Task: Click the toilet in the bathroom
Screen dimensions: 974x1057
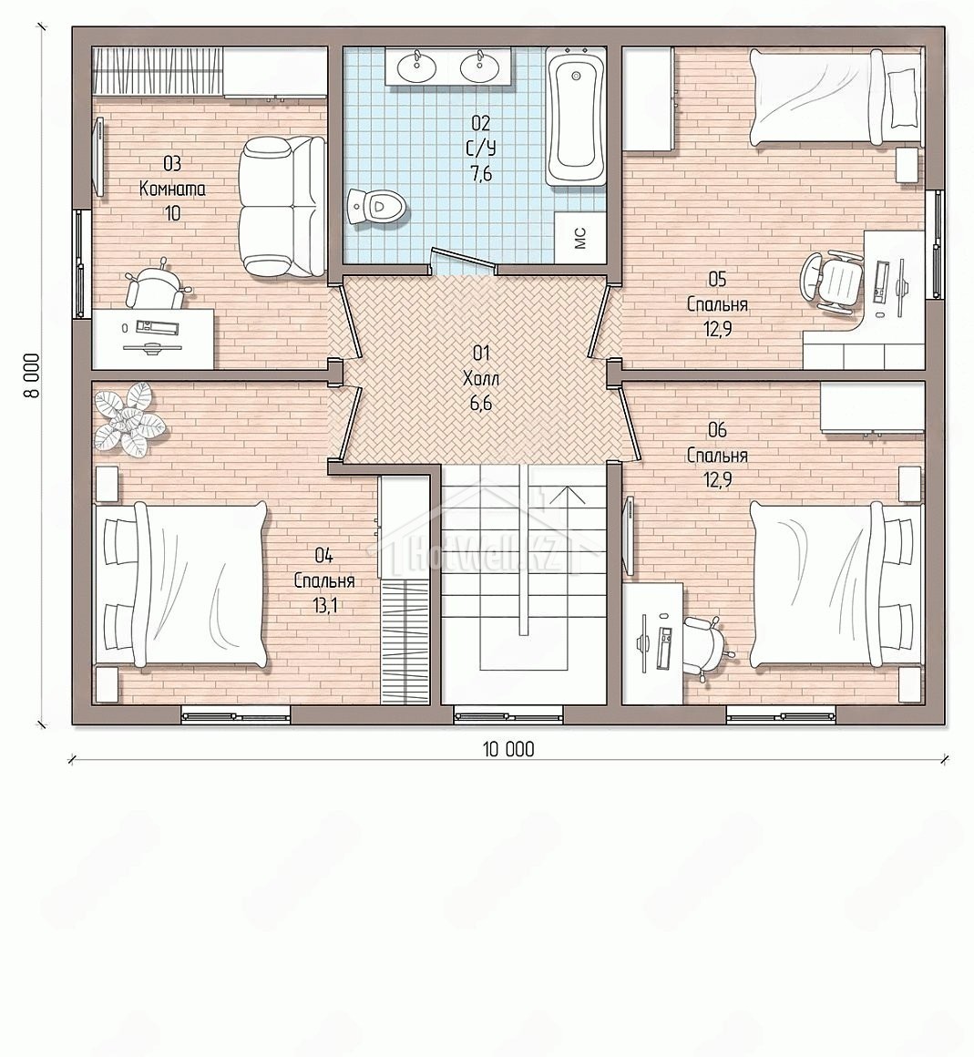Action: [x=377, y=206]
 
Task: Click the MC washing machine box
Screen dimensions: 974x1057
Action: [x=579, y=237]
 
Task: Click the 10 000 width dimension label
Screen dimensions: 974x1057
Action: [x=508, y=749]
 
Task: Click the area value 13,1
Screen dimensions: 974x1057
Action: [x=324, y=605]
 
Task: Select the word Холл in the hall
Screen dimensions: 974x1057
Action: [x=481, y=379]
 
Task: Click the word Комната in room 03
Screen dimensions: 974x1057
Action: [x=172, y=189]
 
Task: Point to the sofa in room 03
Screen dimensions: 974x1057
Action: [x=282, y=206]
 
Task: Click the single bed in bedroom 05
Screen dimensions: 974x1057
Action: [x=836, y=97]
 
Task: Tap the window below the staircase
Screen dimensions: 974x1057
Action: [x=508, y=714]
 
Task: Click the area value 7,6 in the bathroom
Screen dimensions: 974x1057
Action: [x=481, y=174]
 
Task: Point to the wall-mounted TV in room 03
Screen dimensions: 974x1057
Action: [x=100, y=157]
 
